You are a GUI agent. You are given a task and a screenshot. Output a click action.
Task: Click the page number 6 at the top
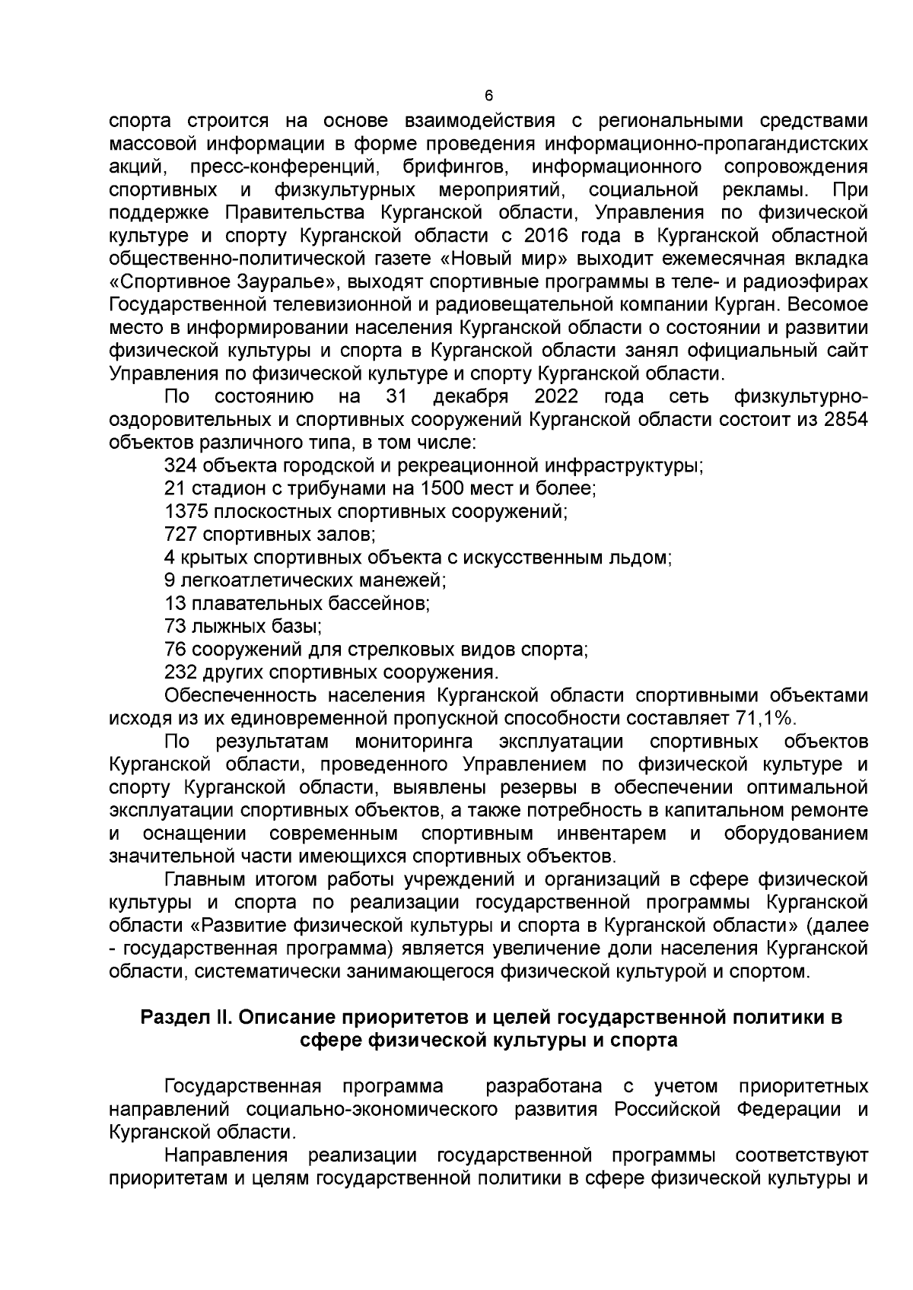(x=488, y=96)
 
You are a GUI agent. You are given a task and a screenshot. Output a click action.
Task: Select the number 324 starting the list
(x=180, y=465)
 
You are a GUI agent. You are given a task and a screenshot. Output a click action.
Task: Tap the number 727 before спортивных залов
(x=180, y=535)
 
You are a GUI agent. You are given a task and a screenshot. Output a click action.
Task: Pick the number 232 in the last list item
(x=180, y=673)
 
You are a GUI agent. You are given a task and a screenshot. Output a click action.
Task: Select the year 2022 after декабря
(x=556, y=396)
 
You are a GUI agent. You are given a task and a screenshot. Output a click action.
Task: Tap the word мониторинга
(x=414, y=742)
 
